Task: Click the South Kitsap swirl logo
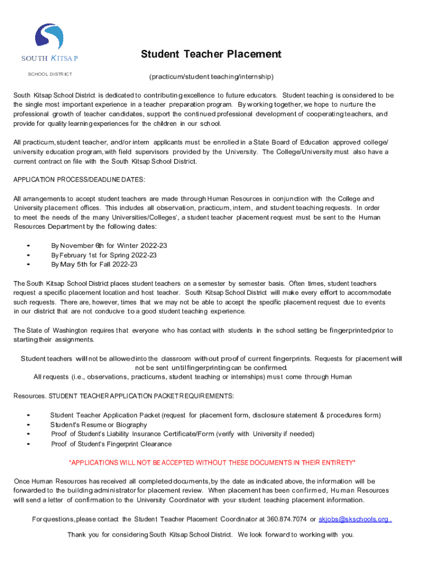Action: [x=49, y=37]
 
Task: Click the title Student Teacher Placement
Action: [x=211, y=54]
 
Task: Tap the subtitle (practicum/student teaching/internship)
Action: [x=211, y=76]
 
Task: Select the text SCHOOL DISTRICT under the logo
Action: [x=50, y=74]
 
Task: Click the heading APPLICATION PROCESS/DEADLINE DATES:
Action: [x=80, y=179]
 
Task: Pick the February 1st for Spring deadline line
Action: [x=104, y=255]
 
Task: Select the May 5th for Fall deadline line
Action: [x=94, y=264]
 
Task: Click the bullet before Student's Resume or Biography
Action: [x=28, y=425]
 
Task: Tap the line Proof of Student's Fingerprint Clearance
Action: [x=111, y=444]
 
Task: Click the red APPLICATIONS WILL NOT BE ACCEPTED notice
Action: [x=211, y=462]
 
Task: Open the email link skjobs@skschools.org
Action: [x=354, y=519]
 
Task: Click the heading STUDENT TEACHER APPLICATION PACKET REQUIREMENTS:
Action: [x=141, y=396]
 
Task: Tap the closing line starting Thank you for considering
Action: [x=211, y=534]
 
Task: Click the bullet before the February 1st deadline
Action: [x=28, y=256]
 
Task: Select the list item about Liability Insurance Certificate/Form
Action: [x=182, y=434]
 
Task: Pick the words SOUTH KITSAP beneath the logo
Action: [x=49, y=58]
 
